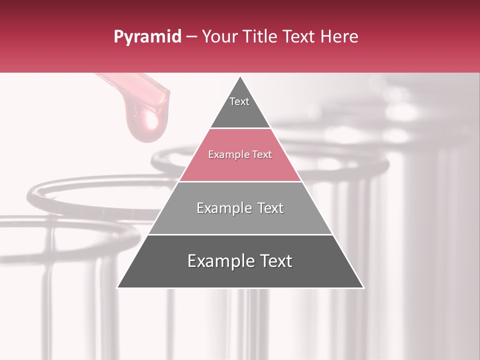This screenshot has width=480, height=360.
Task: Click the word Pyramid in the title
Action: pyautogui.click(x=147, y=37)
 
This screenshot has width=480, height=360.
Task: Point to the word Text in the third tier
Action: pyautogui.click(x=268, y=208)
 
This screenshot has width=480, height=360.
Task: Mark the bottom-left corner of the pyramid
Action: pyautogui.click(x=117, y=287)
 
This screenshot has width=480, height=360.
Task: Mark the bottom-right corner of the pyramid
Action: pyautogui.click(x=363, y=287)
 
